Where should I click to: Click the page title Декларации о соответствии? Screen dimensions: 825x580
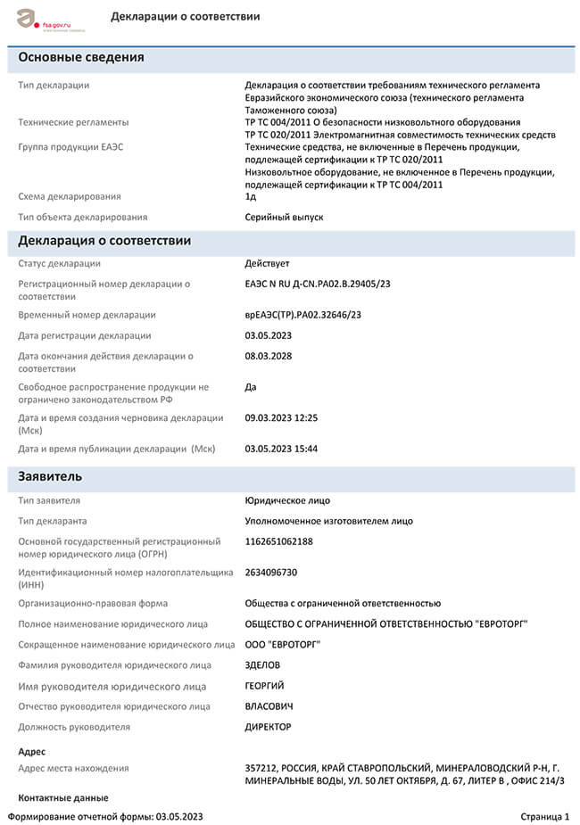point(186,17)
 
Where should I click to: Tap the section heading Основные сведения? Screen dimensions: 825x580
point(81,58)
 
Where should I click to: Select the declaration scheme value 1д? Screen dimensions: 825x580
point(251,196)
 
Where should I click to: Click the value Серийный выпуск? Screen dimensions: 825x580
point(284,217)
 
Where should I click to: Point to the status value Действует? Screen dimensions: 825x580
point(267,264)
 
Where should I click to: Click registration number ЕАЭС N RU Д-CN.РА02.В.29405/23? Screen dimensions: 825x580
point(318,285)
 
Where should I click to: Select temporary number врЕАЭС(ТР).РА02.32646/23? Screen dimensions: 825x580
point(302,315)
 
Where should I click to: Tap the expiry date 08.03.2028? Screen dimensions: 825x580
point(269,357)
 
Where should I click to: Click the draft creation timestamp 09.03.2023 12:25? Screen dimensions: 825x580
point(281,417)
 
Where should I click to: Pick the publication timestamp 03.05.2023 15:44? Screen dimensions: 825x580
point(281,449)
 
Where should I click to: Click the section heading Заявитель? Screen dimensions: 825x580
point(51,477)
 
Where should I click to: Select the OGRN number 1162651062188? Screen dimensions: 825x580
point(279,541)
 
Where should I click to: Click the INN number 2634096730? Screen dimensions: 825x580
point(271,573)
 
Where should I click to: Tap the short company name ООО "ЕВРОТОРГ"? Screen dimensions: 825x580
point(283,644)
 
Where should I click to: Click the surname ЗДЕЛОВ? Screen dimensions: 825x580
point(263,665)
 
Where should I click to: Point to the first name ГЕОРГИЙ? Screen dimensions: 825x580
point(265,686)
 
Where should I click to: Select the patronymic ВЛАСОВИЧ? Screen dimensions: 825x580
point(269,706)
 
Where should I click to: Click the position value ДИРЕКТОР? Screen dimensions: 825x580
point(268,727)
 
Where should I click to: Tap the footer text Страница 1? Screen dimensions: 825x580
point(544,816)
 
